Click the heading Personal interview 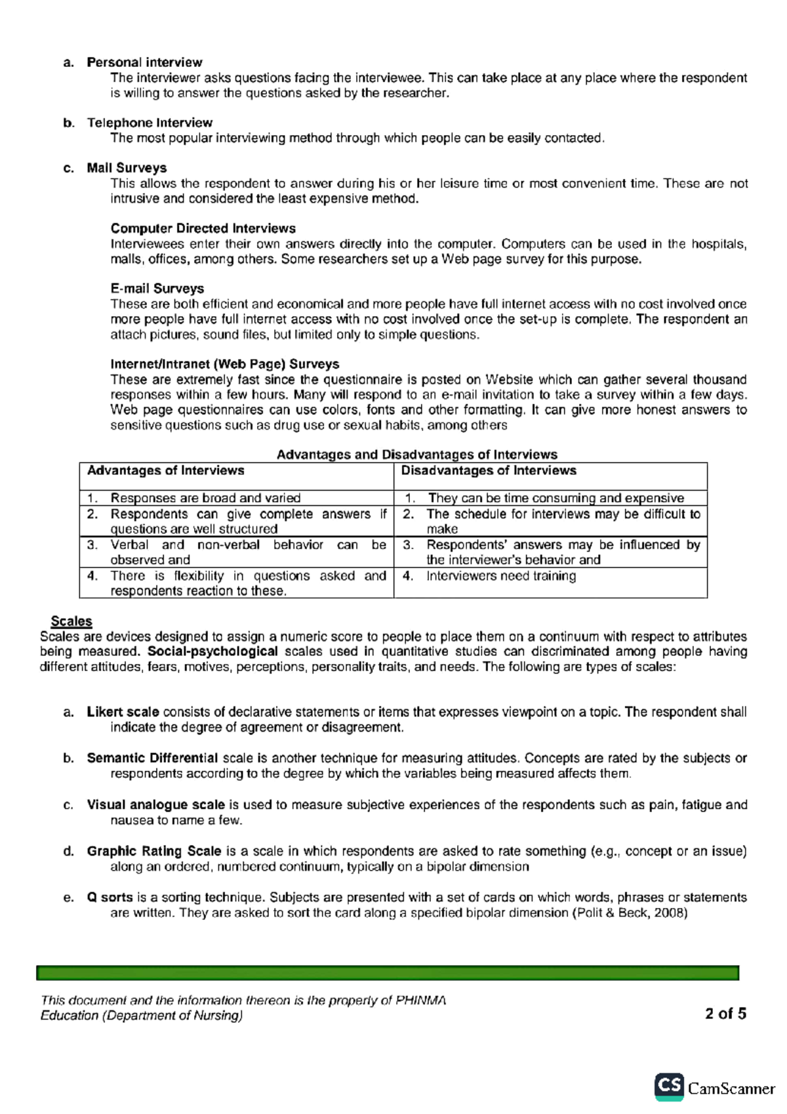point(144,62)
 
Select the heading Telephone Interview point(150,123)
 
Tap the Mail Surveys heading point(127,168)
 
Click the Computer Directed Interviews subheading point(203,228)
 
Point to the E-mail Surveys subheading point(157,289)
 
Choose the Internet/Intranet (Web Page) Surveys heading point(224,364)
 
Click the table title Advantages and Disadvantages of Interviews point(416,455)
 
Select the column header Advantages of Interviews point(165,470)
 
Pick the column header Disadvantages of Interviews point(489,470)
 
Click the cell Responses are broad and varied point(205,498)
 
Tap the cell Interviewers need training point(501,576)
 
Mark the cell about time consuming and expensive point(555,498)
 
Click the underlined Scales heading point(71,621)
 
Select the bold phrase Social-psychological point(212,651)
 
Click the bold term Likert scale point(123,712)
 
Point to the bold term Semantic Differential point(152,758)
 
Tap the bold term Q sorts point(110,897)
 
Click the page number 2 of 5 point(725,1014)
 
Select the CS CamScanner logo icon point(669,1086)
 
